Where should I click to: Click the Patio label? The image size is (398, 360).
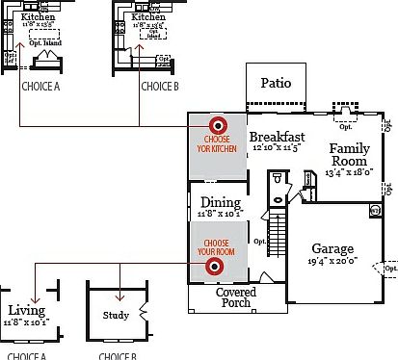278,83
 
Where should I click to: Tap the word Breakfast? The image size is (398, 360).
278,138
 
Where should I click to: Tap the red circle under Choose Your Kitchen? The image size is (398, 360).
218,124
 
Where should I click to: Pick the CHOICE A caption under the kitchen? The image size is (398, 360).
40,86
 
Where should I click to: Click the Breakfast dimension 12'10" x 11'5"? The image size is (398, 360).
278,150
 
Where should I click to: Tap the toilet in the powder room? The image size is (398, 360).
277,180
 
